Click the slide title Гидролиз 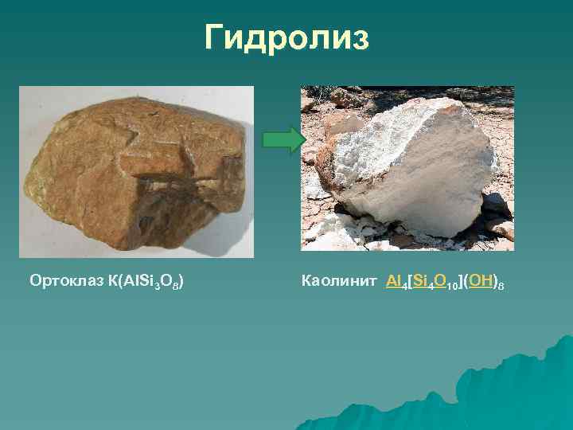tap(286, 37)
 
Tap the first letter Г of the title tap(215, 37)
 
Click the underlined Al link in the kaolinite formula tap(395, 281)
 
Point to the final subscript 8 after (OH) tap(501, 284)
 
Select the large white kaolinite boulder tap(414, 167)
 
